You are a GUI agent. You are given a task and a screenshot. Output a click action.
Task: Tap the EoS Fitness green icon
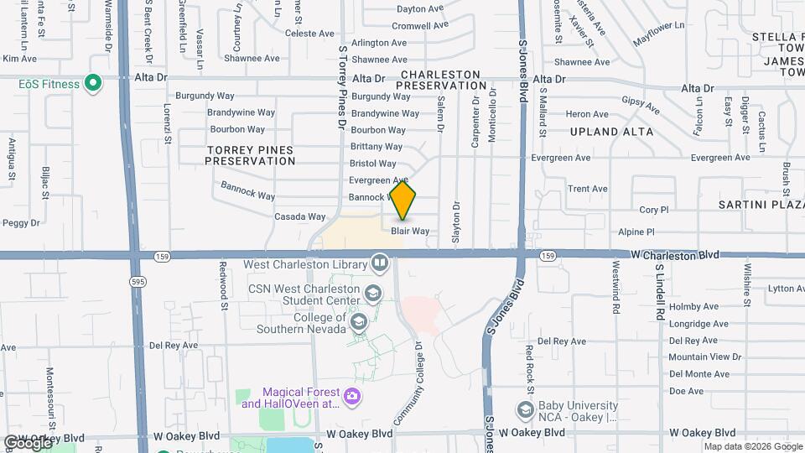[x=94, y=84]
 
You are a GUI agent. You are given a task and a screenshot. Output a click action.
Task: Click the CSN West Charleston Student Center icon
[x=372, y=294]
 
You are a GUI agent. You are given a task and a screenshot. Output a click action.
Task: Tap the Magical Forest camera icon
[x=353, y=397]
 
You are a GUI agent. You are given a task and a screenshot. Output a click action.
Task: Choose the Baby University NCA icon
[x=526, y=409]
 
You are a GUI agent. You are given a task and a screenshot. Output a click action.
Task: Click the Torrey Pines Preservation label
[x=249, y=155]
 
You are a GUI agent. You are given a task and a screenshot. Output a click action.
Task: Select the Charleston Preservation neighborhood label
[x=441, y=80]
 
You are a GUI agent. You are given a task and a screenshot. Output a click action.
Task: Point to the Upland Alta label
[x=611, y=132]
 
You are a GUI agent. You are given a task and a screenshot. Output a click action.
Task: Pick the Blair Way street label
[x=410, y=231]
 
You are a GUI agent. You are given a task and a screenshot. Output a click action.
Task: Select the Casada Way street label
[x=299, y=216]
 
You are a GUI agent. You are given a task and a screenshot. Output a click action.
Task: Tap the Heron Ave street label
[x=587, y=114]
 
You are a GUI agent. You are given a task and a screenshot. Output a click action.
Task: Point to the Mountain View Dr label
[x=699, y=357]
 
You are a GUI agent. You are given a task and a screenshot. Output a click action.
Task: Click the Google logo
[x=28, y=442]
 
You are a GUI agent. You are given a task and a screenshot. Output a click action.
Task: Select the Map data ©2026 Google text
[x=752, y=446]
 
